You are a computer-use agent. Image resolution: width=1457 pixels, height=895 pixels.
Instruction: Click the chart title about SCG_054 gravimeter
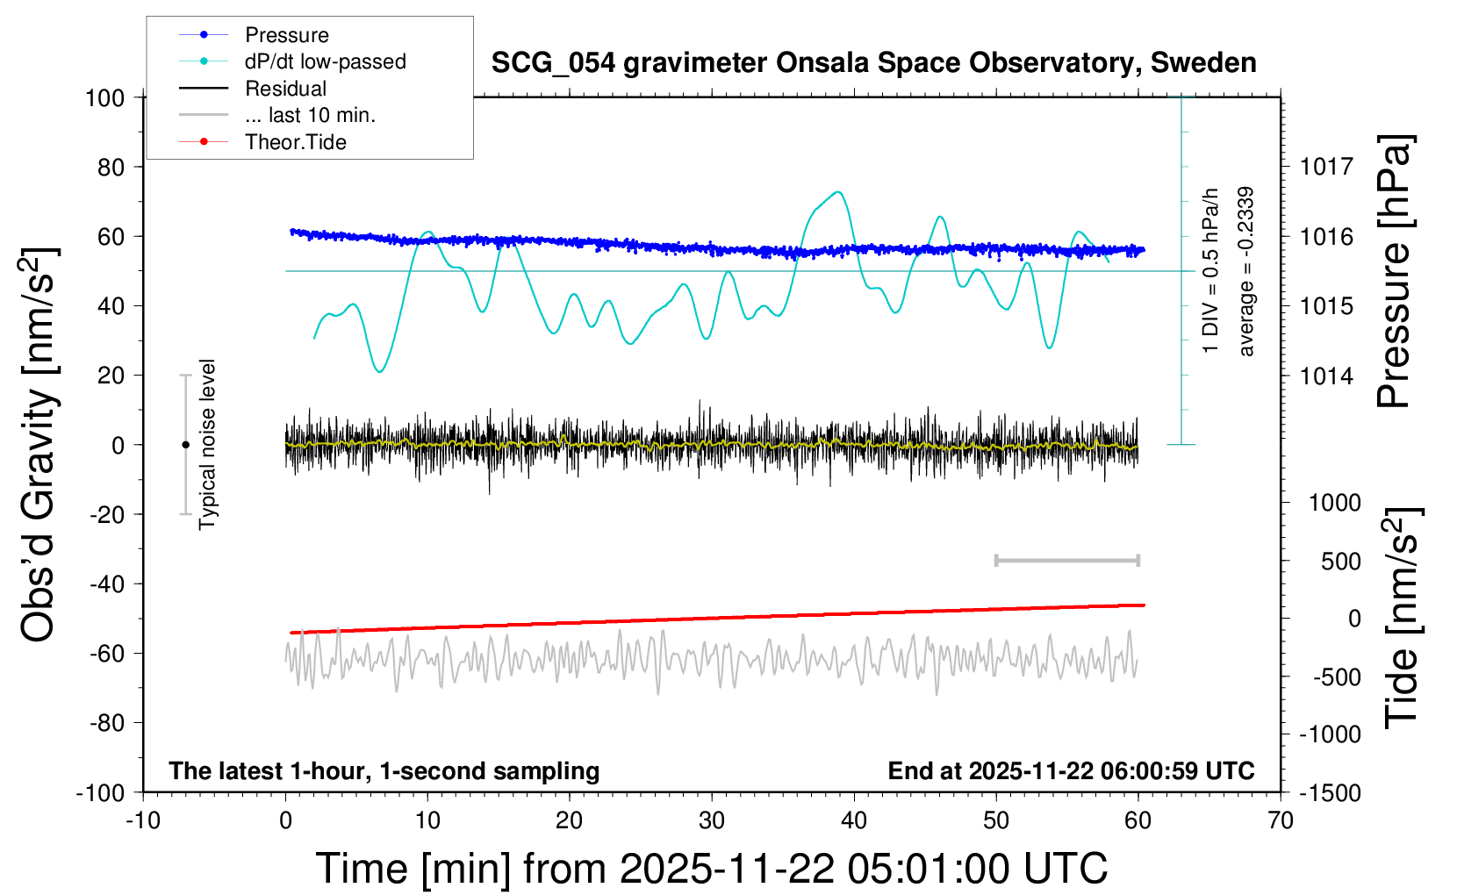873,63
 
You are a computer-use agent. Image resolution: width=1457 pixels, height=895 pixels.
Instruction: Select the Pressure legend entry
286,35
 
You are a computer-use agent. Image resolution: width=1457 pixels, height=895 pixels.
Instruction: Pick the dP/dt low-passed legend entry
325,61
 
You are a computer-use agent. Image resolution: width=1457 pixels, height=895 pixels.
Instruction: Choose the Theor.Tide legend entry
295,142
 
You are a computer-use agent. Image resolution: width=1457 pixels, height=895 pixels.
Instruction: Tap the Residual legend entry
285,89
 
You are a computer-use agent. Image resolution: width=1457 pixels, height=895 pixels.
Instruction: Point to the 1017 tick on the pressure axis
1326,167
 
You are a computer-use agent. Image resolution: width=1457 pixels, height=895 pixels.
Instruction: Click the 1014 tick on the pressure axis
1326,376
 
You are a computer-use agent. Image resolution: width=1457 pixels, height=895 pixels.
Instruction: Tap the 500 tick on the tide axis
1341,561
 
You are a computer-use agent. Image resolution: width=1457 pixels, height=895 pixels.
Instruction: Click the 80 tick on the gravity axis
111,167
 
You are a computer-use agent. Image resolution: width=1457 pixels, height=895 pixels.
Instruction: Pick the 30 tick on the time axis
712,821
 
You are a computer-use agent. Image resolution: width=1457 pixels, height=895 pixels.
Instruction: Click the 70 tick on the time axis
1281,821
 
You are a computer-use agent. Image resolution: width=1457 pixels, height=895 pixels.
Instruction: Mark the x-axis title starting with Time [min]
712,869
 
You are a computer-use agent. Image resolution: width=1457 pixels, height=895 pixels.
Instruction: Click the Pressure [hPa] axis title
1394,272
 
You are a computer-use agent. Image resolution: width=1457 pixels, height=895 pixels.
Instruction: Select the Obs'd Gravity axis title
39,445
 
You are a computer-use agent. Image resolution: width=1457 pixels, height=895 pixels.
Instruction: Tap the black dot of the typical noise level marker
185,445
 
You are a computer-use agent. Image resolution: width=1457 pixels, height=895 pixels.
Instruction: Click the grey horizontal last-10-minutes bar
1066,561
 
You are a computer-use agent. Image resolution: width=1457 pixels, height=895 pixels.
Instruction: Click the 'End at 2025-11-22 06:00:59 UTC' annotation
1071,771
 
